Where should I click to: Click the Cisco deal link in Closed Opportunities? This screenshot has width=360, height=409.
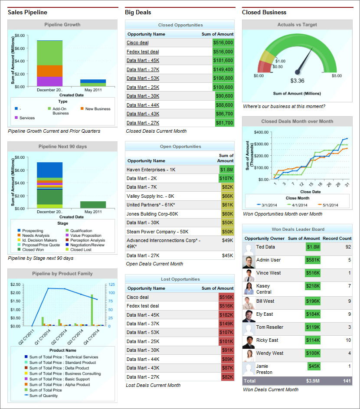[137, 43]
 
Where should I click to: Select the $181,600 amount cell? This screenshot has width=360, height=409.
[223, 61]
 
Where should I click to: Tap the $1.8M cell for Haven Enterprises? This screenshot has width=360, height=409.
[226, 170]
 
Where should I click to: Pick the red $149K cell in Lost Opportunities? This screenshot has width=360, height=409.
[226, 324]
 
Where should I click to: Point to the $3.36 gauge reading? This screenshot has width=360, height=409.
[297, 81]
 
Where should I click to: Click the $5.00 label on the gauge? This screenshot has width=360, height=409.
[337, 76]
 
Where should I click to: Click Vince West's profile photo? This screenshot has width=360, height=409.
[249, 275]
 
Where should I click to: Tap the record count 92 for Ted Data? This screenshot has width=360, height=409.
[348, 247]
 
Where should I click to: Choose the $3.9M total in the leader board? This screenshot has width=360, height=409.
[312, 381]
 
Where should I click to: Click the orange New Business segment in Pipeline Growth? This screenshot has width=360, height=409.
[49, 71]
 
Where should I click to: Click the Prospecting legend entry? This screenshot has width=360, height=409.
[32, 231]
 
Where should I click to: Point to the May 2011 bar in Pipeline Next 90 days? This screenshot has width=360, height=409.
[93, 205]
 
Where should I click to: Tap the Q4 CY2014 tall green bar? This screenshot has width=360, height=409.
[92, 309]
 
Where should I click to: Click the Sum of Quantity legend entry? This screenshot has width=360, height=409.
[43, 396]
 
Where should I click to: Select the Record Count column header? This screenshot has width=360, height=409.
[337, 238]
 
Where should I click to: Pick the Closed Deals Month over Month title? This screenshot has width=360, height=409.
[297, 121]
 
